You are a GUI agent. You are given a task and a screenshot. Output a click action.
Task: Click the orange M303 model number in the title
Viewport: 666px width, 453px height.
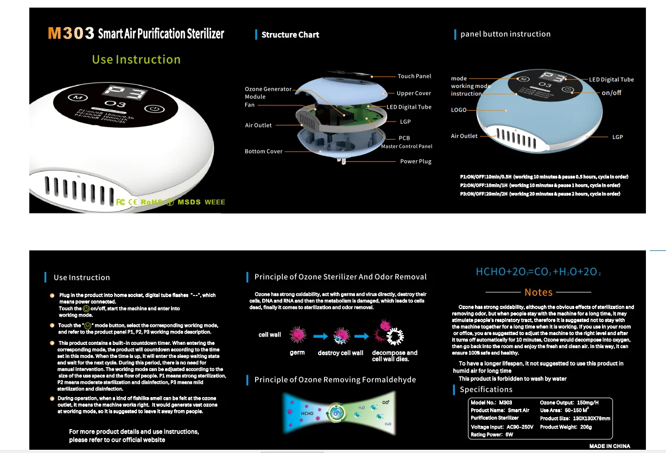pyautogui.click(x=71, y=33)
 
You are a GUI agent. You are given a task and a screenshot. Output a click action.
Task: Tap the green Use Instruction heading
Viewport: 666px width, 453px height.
pyautogui.click(x=136, y=60)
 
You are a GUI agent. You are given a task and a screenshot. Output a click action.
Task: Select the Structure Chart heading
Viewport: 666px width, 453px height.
pyautogui.click(x=290, y=35)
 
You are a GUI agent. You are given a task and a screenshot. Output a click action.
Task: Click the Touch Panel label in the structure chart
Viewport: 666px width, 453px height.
pyautogui.click(x=414, y=77)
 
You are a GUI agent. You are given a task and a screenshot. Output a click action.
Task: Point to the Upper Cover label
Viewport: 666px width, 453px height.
pyautogui.click(x=414, y=93)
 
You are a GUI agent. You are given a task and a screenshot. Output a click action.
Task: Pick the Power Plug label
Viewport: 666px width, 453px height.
pyautogui.click(x=416, y=161)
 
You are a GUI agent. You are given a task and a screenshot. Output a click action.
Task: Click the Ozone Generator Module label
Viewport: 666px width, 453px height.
pyautogui.click(x=268, y=92)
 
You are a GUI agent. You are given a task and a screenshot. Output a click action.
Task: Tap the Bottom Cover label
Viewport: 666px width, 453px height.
pyautogui.click(x=263, y=152)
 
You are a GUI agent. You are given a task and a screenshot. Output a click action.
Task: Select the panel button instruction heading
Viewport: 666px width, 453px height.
pyautogui.click(x=505, y=34)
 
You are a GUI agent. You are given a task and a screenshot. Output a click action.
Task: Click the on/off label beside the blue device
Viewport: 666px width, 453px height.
pyautogui.click(x=611, y=93)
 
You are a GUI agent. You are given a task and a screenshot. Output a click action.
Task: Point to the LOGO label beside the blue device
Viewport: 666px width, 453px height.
pyautogui.click(x=459, y=110)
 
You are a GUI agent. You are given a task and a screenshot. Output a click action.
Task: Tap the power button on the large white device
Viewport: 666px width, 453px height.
pyautogui.click(x=155, y=108)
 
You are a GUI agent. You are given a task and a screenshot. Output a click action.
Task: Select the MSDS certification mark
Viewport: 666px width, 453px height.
pyautogui.click(x=187, y=202)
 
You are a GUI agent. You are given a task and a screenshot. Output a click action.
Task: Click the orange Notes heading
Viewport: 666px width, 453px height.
pyautogui.click(x=538, y=292)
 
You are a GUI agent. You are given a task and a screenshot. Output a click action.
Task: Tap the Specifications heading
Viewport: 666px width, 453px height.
pyautogui.click(x=486, y=389)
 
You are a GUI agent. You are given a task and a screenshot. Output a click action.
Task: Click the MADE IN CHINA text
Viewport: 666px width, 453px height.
pyautogui.click(x=610, y=446)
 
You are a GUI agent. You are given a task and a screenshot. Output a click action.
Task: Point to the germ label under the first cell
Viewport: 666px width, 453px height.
pyautogui.click(x=297, y=353)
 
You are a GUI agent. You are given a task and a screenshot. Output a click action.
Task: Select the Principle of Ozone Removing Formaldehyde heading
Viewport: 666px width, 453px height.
pyautogui.click(x=335, y=380)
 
